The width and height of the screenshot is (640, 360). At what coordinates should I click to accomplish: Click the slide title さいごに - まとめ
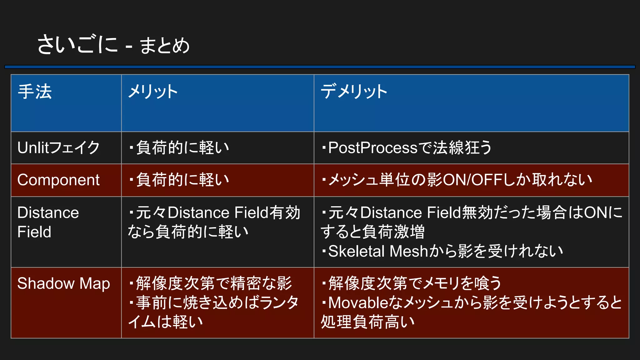tap(113, 45)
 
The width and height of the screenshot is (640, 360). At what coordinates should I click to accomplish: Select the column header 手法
tap(35, 92)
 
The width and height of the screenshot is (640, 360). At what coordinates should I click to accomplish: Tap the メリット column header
tap(153, 92)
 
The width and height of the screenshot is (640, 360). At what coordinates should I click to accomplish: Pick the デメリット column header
tap(354, 92)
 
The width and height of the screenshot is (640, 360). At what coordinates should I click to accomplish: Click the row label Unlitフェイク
tap(58, 148)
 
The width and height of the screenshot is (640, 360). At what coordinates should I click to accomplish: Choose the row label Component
tap(58, 180)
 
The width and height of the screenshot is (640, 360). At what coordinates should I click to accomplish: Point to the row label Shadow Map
tap(63, 283)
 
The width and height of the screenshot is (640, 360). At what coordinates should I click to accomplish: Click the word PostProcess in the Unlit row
tap(373, 148)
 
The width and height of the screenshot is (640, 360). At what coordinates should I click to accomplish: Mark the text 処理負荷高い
tap(368, 322)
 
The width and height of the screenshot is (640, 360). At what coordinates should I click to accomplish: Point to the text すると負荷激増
tap(372, 232)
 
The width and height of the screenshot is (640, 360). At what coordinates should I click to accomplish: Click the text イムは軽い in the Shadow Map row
tap(166, 322)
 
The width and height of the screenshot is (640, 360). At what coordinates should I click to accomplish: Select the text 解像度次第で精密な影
tap(214, 283)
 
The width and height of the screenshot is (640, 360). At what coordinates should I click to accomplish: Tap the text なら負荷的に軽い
tap(188, 232)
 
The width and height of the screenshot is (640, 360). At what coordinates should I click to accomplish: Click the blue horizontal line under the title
tap(320, 67)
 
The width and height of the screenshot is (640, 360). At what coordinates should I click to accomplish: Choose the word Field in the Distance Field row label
tap(34, 232)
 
